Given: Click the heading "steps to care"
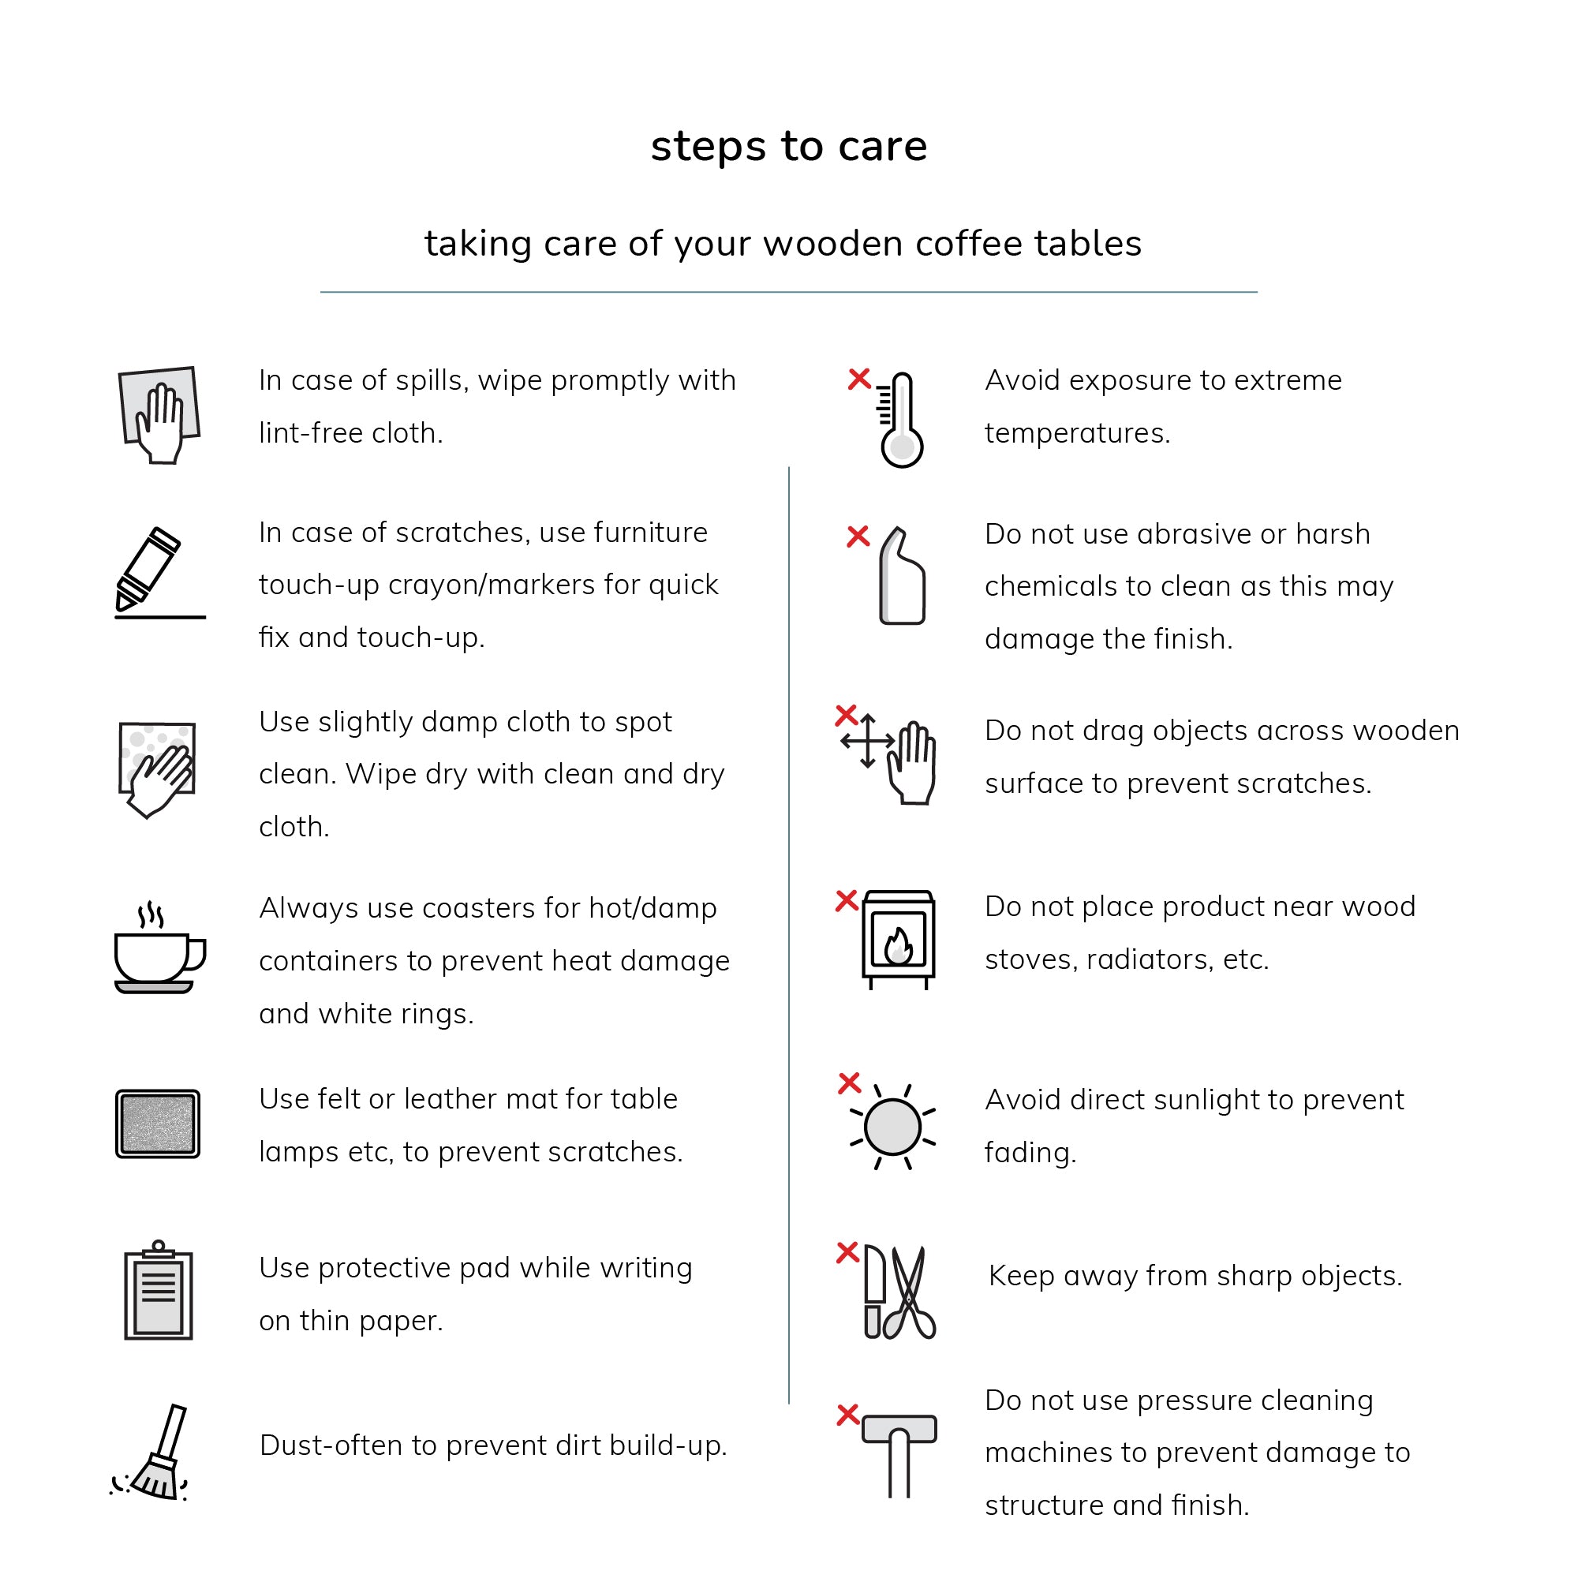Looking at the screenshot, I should [x=788, y=147].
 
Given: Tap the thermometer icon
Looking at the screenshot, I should [x=902, y=421].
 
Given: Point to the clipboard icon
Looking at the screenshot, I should [x=159, y=1292].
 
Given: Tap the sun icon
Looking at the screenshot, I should [x=892, y=1128].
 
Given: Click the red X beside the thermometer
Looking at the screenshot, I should [x=859, y=379].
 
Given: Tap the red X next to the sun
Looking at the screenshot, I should [x=850, y=1083].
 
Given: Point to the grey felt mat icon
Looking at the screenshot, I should [x=158, y=1124].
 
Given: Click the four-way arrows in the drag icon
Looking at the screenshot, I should [x=868, y=741].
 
